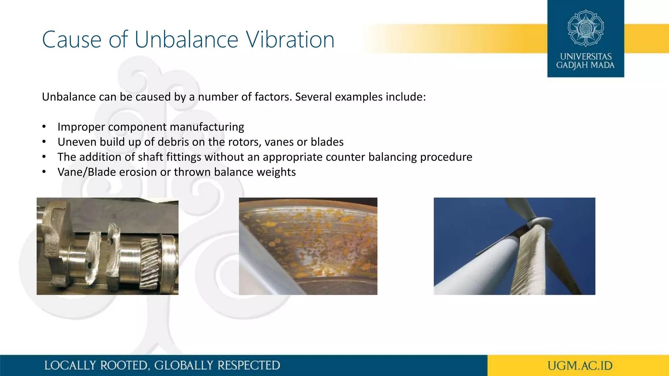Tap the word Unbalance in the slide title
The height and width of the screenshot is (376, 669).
(186, 40)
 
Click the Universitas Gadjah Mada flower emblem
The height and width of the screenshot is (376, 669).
(586, 28)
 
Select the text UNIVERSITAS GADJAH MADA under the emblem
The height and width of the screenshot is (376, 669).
(585, 61)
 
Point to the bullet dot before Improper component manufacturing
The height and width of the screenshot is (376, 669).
(44, 127)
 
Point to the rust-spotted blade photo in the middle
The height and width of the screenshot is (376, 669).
(308, 246)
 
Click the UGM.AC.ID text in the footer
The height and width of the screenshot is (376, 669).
(580, 366)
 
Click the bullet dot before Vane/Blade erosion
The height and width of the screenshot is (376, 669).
(44, 172)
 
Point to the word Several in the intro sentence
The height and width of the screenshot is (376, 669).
(313, 97)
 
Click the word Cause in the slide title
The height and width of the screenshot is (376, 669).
(72, 40)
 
